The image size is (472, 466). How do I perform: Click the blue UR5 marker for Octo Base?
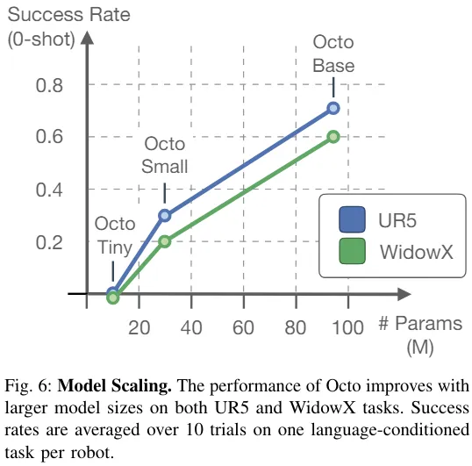[x=333, y=108]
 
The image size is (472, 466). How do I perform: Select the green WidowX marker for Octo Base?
[x=333, y=136]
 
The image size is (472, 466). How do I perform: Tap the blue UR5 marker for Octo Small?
[x=164, y=215]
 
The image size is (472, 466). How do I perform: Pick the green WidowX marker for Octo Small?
[x=164, y=240]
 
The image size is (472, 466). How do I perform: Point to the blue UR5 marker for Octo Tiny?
[x=112, y=292]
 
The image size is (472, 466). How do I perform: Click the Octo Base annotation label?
[x=333, y=55]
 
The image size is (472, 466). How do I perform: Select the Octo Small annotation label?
[x=165, y=154]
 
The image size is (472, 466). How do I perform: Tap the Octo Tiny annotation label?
[x=114, y=235]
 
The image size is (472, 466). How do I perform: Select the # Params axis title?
[x=420, y=323]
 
